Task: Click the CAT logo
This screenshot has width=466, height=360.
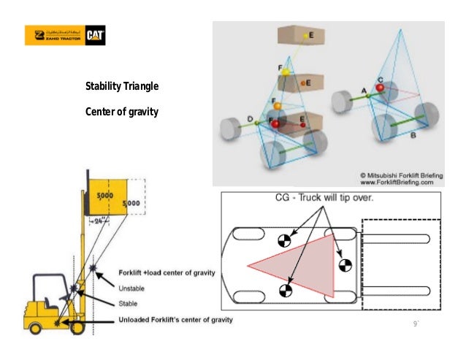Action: pyautogui.click(x=98, y=36)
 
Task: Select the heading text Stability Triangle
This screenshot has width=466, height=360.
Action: pyautogui.click(x=122, y=89)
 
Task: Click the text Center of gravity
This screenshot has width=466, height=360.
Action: pyautogui.click(x=122, y=112)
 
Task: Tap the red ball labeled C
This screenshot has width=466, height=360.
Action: pyautogui.click(x=381, y=88)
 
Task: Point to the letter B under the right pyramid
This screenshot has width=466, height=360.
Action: pyautogui.click(x=413, y=136)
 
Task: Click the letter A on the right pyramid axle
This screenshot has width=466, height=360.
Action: pyautogui.click(x=364, y=89)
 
